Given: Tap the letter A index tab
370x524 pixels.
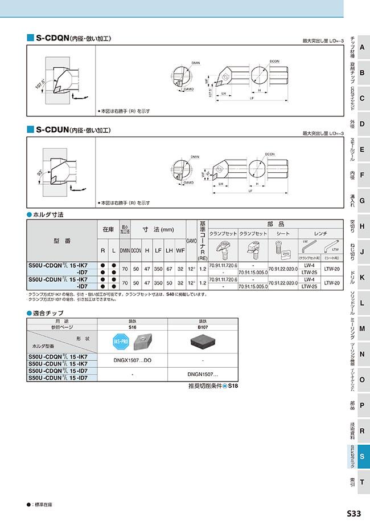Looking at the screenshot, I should pos(362,47).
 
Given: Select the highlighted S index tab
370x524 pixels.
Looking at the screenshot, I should pos(362,456).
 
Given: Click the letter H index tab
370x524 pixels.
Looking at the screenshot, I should pos(362,226).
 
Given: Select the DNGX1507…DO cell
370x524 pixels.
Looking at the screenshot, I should pos(132,360).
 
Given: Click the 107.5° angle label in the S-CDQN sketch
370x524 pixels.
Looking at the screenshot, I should pos(39,84).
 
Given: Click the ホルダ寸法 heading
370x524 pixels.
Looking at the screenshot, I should pos(48,214).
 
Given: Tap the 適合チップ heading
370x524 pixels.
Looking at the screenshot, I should pos(48,313).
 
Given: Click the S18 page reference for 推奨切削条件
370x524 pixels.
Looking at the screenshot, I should pos(233,386).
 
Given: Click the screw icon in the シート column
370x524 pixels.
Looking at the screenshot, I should pos(283,247).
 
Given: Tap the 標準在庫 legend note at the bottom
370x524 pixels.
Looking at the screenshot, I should pos(42,505).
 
